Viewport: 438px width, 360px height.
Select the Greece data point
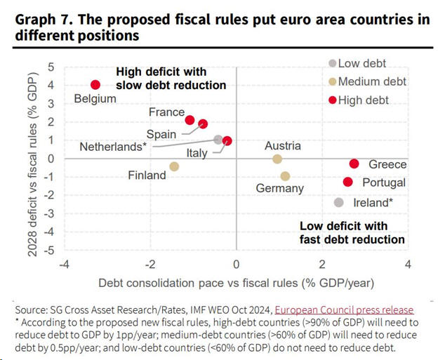point(354,164)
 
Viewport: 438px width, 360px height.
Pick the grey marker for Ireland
point(339,203)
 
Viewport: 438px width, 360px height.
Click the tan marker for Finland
point(175,167)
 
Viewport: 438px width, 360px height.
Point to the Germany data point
point(285,176)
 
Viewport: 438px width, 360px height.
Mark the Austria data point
point(277,159)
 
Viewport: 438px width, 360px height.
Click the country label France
point(166,112)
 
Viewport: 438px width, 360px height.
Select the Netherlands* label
point(112,147)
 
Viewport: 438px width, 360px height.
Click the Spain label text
point(161,134)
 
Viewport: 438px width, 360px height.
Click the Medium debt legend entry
point(367,82)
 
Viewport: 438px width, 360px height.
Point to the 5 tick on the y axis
point(50,67)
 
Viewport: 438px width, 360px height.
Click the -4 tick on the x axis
point(64,264)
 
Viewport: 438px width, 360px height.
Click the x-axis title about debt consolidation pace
point(236,283)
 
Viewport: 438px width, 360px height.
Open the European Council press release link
point(344,309)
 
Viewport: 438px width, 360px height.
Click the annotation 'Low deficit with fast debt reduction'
point(352,233)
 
